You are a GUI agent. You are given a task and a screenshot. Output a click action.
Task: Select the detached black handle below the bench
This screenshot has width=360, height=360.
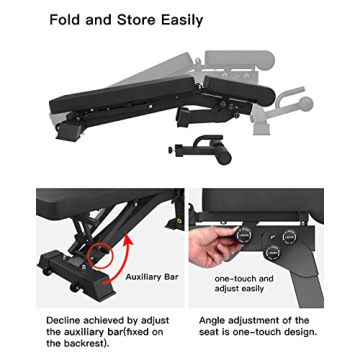pyautogui.click(x=202, y=150)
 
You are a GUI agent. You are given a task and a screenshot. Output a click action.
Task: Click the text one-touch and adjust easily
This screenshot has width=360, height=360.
pyautogui.click(x=244, y=283)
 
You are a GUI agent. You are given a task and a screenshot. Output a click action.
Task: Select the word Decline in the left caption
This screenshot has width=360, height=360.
pyautogui.click(x=63, y=321)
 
